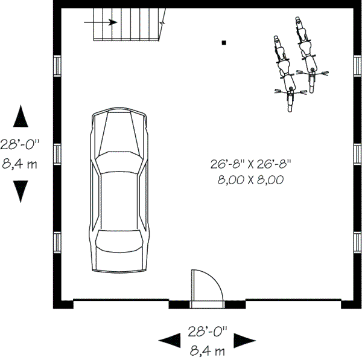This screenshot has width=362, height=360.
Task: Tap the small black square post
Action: click(x=224, y=42)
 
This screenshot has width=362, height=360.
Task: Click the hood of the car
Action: click(x=119, y=129)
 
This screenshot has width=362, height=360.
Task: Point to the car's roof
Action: click(x=119, y=199)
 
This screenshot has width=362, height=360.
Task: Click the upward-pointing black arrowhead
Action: click(x=21, y=116)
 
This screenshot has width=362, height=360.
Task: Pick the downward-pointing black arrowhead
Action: click(x=21, y=192)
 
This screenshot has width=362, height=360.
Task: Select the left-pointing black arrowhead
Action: click(x=169, y=340)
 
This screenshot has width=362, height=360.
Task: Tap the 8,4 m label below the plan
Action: click(x=208, y=350)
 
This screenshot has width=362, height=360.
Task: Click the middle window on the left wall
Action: click(x=57, y=154)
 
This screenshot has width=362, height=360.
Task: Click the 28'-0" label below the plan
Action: click(x=208, y=331)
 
